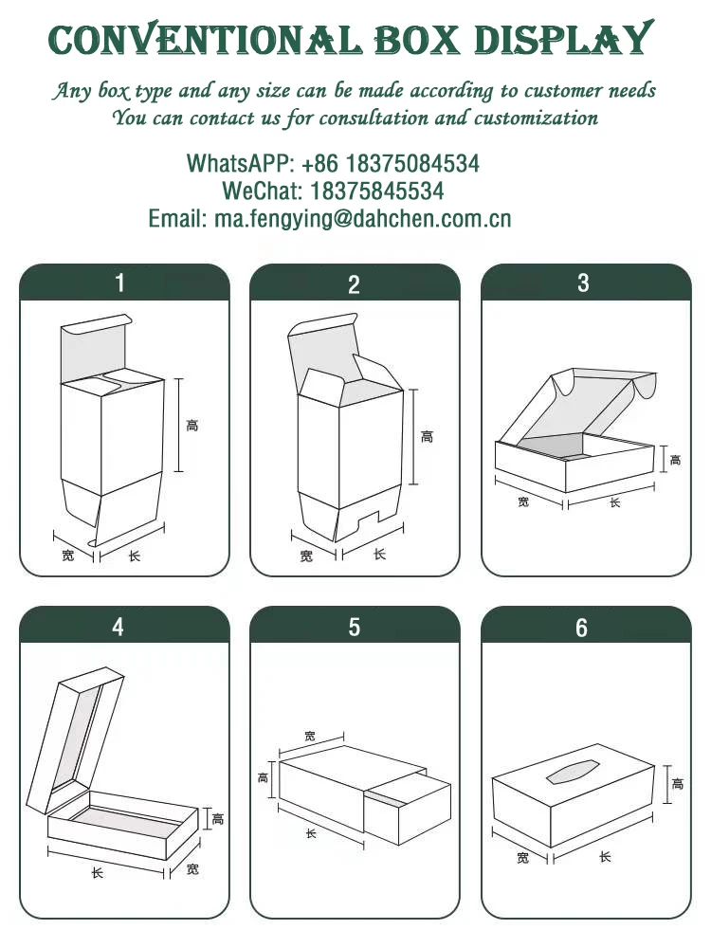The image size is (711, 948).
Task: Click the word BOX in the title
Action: click(416, 41)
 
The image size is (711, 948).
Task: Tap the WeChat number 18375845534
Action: click(377, 191)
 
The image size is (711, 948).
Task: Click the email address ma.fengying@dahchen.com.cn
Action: click(363, 219)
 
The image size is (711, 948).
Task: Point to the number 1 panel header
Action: click(124, 283)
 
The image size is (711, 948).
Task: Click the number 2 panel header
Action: click(355, 283)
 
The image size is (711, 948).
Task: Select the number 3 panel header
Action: click(586, 283)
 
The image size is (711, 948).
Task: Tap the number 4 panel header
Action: click(124, 625)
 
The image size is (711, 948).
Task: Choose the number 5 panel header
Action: click(355, 625)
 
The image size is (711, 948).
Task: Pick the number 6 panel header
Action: click(586, 625)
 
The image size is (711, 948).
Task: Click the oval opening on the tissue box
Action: click(573, 771)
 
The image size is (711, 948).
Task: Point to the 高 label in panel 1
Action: click(192, 426)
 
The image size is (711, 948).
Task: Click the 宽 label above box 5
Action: click(310, 736)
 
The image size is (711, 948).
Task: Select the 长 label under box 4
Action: click(97, 872)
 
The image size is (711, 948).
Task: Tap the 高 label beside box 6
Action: click(678, 784)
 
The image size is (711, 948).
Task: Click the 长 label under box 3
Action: click(614, 502)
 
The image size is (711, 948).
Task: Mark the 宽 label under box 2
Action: click(306, 556)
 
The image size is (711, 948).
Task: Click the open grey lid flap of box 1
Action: click(95, 348)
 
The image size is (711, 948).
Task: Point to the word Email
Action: click(178, 219)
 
